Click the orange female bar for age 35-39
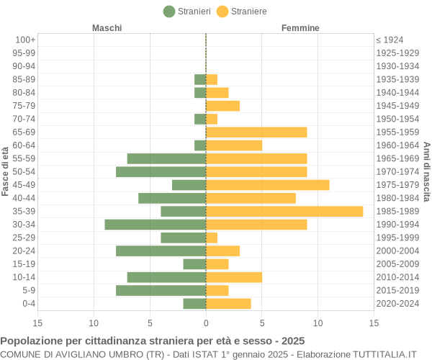point(284,211)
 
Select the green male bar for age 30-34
point(156,225)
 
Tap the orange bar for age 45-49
point(268,185)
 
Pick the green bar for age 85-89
point(200,79)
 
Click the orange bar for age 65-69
point(256,132)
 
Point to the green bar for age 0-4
point(195,304)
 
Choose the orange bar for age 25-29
point(212,238)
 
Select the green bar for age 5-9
point(161,290)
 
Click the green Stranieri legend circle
point(169,12)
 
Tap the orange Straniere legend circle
point(222,12)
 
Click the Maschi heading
point(107,28)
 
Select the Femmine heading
point(300,28)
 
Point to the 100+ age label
point(25,40)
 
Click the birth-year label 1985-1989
point(397,211)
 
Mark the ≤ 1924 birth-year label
point(390,40)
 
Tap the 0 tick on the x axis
point(206,323)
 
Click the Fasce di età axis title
point(5,171)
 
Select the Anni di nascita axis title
point(426,172)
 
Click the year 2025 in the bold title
point(293,341)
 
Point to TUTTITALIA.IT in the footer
point(384,354)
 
